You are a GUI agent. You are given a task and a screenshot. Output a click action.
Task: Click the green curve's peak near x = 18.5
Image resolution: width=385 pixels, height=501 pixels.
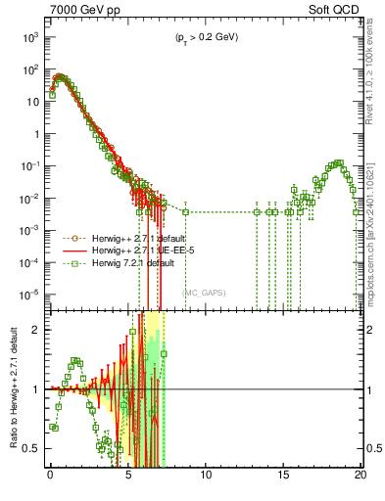click(x=338, y=163)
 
